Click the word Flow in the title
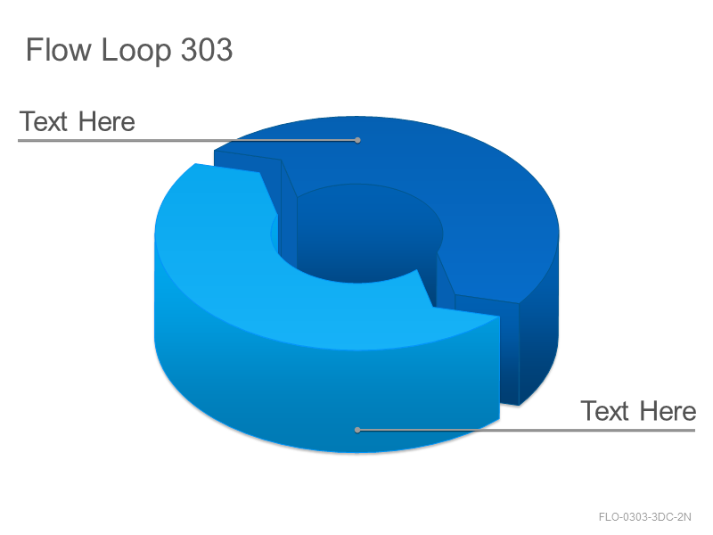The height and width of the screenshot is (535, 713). tap(58, 50)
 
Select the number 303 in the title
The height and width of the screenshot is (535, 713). tap(207, 50)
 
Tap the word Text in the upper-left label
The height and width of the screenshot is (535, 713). tap(44, 122)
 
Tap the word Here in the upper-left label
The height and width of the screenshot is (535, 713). tap(106, 122)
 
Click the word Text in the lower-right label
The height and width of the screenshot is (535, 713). tap(605, 411)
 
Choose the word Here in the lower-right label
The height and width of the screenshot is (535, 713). tap(668, 411)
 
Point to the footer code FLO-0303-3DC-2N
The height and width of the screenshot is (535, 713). tap(644, 517)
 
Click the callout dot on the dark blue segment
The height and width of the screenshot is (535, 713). tap(357, 140)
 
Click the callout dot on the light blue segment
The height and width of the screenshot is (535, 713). tap(357, 430)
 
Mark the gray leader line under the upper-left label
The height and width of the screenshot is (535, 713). tap(187, 141)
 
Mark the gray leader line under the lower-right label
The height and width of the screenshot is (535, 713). tap(526, 430)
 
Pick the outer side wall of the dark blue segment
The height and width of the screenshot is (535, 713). tap(540, 337)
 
